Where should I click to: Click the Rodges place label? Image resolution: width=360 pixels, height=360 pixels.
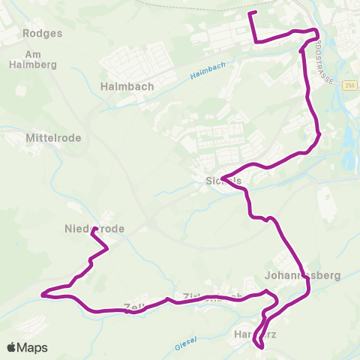pyautogui.click(x=37, y=34)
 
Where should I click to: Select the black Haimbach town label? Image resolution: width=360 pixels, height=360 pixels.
pyautogui.click(x=127, y=86)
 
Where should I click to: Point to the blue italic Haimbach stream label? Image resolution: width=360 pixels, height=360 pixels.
pyautogui.click(x=208, y=73)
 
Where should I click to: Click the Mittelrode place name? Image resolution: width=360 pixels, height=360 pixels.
pyautogui.click(x=53, y=139)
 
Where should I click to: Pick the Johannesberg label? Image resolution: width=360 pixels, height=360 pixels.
pyautogui.click(x=308, y=275)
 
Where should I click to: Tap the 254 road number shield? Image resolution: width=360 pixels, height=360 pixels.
pyautogui.click(x=350, y=86)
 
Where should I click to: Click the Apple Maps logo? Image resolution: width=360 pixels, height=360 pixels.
pyautogui.click(x=27, y=347)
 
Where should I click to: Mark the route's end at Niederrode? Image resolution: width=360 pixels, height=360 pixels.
pyautogui.click(x=94, y=232)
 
